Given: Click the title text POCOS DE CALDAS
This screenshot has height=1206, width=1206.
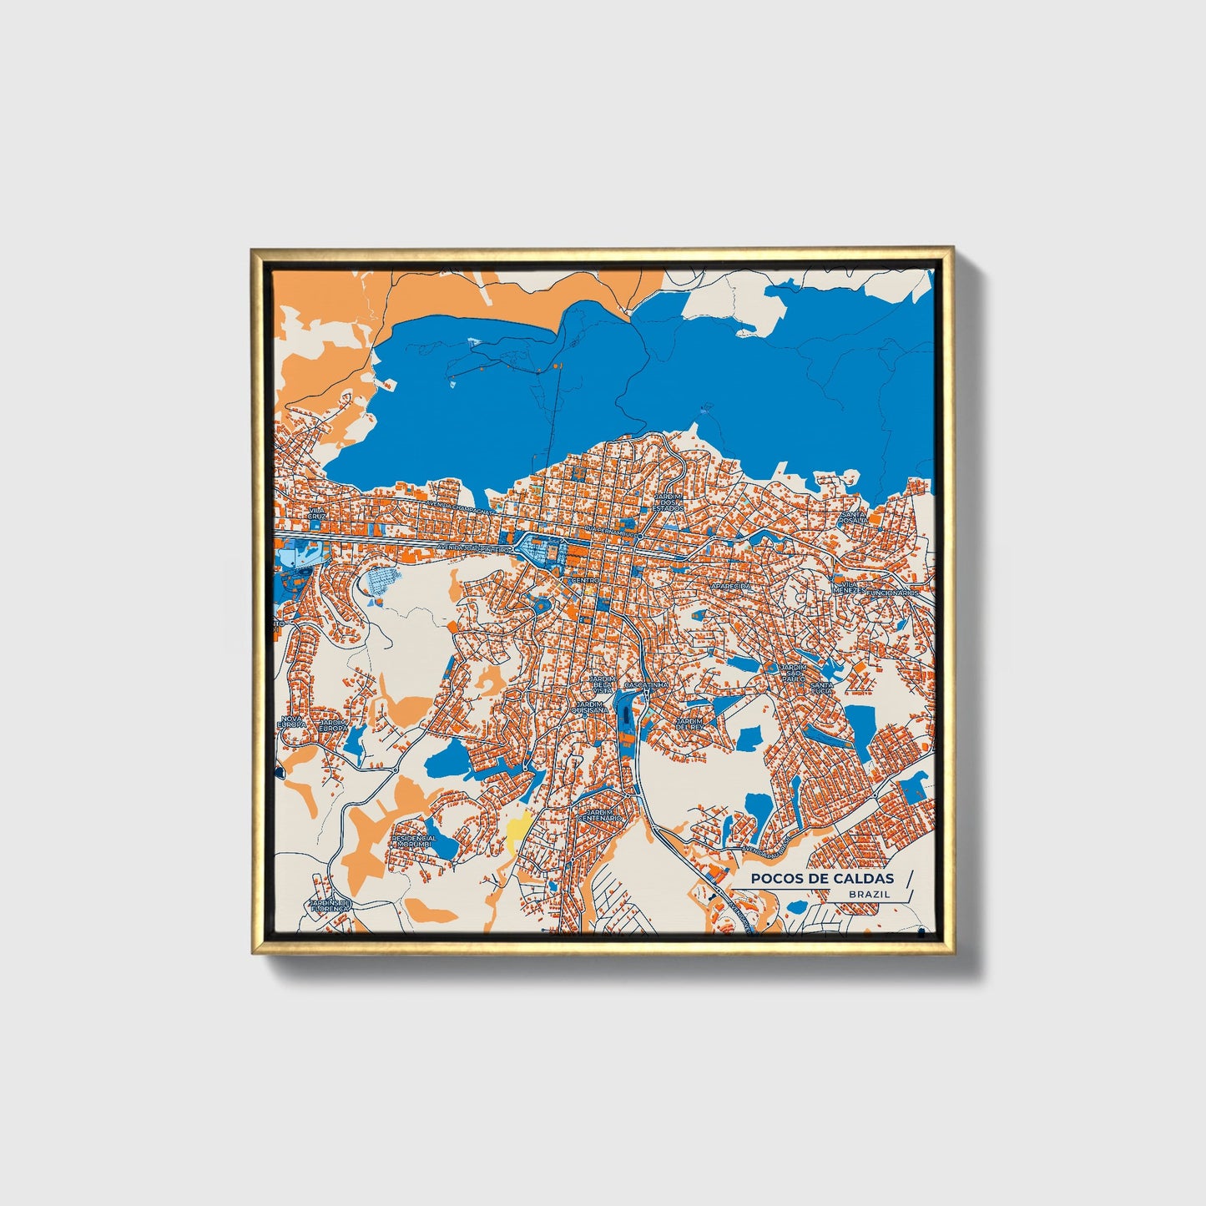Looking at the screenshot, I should point(821,878).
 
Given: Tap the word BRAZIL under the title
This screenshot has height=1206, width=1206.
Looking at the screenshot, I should point(869,894).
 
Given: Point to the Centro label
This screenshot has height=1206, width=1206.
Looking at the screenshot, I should point(583,579).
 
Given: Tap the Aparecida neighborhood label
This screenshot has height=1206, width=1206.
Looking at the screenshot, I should point(731,587).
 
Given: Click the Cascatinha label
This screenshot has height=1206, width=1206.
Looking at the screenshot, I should point(646,684).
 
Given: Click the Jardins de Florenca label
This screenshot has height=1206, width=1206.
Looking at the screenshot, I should point(329,905).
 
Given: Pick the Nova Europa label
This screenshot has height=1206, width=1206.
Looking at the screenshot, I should point(291,721).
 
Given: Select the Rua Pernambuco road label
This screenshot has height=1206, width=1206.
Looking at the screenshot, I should point(612,530).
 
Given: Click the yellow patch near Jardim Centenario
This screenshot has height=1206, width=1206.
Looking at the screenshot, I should point(517,830).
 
